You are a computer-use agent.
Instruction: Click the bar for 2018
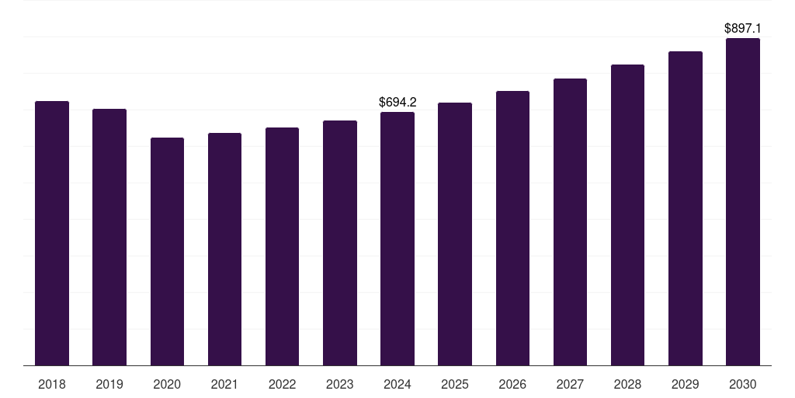[52, 233]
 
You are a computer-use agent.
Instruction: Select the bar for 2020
[168, 251]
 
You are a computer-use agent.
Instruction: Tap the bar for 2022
[282, 246]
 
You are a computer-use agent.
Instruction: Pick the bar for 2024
[397, 239]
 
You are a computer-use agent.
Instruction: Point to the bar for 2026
[512, 228]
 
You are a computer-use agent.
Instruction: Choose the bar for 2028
[627, 215]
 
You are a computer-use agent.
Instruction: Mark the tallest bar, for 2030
[743, 201]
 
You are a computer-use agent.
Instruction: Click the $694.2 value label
[397, 102]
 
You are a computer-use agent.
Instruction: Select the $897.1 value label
[743, 29]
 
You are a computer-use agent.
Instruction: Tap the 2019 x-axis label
[109, 384]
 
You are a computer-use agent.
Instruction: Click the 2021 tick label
[224, 384]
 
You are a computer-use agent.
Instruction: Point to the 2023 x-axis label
[340, 384]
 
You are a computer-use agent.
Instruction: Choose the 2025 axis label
[455, 384]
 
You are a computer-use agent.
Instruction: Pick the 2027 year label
[570, 384]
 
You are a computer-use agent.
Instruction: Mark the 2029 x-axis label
[685, 384]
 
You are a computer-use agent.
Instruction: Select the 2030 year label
[743, 384]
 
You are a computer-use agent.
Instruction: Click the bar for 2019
[109, 237]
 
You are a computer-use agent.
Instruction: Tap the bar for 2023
[340, 243]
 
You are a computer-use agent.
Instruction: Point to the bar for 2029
[686, 208]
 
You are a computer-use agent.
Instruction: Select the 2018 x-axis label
[52, 384]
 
